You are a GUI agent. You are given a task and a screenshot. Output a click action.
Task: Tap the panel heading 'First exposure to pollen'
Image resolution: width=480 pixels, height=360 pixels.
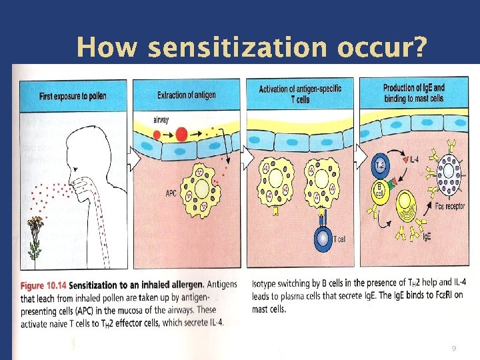[x=73, y=95]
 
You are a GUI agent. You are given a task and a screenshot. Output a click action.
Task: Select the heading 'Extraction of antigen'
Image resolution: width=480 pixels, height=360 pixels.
[x=186, y=95]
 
